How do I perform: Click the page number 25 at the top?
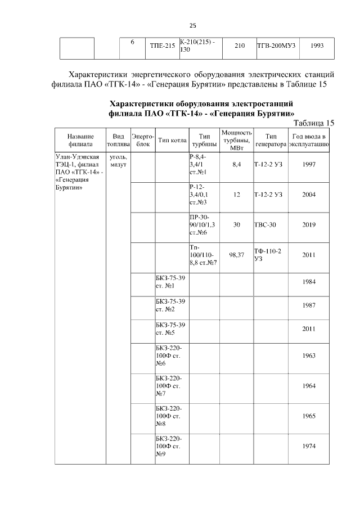tap(192, 25)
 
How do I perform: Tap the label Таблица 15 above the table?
tap(314, 123)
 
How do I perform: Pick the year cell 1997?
tap(308, 164)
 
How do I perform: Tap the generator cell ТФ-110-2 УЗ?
tap(268, 255)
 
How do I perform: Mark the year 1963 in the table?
tap(308, 355)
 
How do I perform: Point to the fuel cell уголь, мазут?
tap(119, 160)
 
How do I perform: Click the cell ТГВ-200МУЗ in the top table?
tap(276, 45)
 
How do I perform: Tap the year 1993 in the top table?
tap(316, 45)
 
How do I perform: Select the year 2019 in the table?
tap(308, 224)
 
